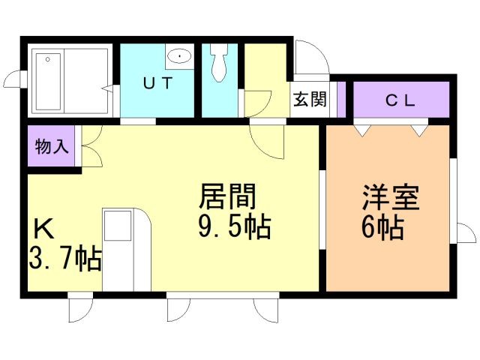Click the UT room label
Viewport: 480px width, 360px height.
[159, 83]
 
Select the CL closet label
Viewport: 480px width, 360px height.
[400, 100]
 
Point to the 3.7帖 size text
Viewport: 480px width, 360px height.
[65, 259]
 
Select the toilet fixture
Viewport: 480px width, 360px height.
[219, 64]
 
